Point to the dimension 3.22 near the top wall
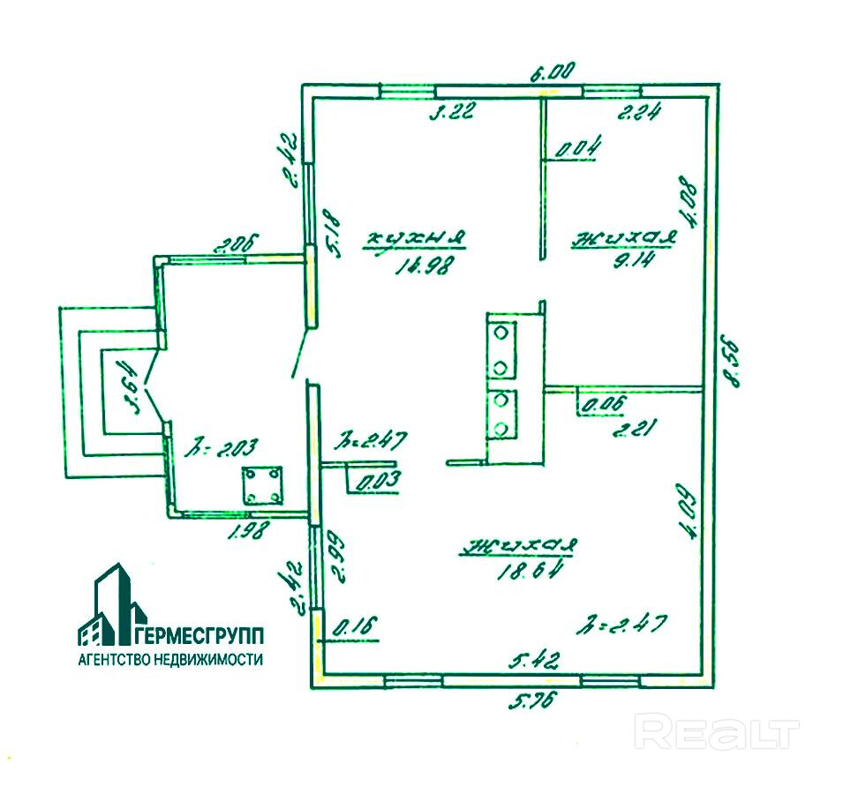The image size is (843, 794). pos(452,110)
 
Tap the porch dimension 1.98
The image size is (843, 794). pos(250,532)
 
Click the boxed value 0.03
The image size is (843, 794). pos(377,481)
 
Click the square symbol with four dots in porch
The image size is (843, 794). pos(262,485)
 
